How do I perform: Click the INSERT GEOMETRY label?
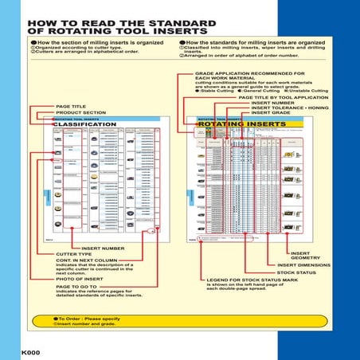coord(306,255)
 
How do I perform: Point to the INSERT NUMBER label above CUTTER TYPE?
coord(79,248)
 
